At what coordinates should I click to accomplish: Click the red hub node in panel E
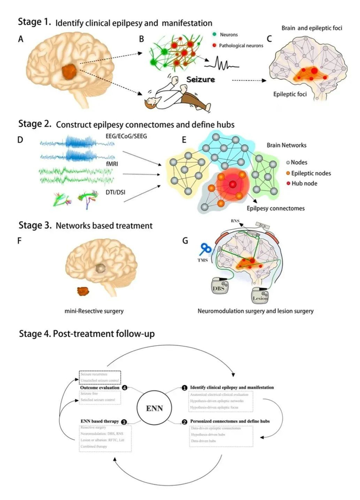(232, 184)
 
